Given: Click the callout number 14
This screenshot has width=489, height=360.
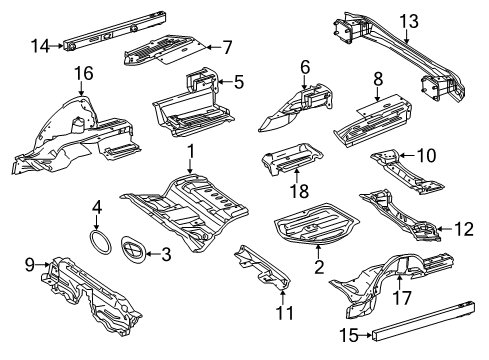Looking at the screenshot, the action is click(x=40, y=46).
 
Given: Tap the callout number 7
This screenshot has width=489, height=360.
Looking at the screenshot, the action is click(x=227, y=47).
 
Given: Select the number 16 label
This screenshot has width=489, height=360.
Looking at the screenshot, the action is click(x=84, y=73).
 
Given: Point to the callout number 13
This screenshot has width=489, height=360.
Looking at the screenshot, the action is click(x=409, y=21).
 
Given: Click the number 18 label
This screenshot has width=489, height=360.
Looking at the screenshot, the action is click(x=299, y=191).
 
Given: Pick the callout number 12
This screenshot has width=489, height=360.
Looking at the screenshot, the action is click(x=464, y=229).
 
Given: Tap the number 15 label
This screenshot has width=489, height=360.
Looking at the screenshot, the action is click(x=349, y=335).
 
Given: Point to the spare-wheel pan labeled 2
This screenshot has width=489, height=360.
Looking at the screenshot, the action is click(x=316, y=224).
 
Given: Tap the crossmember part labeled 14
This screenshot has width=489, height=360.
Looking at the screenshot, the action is click(x=115, y=32).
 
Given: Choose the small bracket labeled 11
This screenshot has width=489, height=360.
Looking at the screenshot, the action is click(x=262, y=267).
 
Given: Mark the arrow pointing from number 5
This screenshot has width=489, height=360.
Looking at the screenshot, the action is click(x=225, y=82).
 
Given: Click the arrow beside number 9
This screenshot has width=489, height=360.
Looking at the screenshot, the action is click(x=43, y=265).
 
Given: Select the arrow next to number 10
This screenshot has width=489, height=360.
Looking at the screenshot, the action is click(x=407, y=155).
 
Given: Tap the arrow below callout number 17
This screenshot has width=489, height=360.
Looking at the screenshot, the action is click(x=400, y=282).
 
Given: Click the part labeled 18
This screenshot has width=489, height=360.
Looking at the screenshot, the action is click(x=292, y=158).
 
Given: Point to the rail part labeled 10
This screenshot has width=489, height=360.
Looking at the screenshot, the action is click(x=406, y=172).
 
